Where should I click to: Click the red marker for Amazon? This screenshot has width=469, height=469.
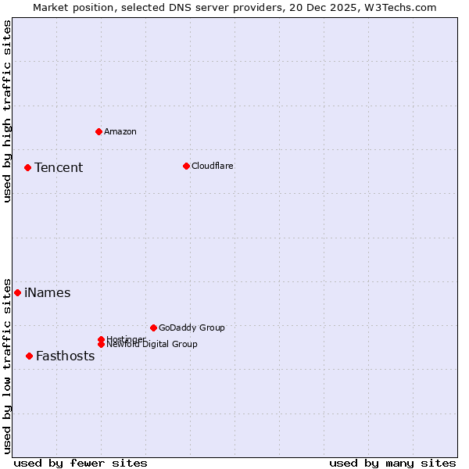(98, 131)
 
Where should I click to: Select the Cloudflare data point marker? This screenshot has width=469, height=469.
(186, 166)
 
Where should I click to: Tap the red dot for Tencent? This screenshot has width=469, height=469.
(27, 167)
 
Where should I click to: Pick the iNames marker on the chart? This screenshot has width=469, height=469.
(17, 292)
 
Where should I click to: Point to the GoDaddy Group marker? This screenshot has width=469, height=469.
(153, 328)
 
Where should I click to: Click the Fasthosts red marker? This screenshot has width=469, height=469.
(29, 356)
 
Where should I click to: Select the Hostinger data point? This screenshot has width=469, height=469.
(101, 339)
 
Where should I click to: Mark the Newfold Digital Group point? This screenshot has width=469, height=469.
(101, 344)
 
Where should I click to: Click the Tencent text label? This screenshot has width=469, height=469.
(59, 167)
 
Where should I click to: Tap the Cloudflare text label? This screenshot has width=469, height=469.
(212, 166)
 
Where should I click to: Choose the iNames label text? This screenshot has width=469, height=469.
(47, 293)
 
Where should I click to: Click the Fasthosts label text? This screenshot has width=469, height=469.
(65, 356)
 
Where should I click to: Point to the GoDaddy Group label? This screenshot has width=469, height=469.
(192, 328)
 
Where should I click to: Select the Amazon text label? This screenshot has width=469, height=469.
(120, 131)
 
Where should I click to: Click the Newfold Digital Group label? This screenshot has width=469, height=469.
(152, 345)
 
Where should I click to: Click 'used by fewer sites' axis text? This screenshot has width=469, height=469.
(81, 463)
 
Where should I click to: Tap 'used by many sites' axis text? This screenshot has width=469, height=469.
(392, 463)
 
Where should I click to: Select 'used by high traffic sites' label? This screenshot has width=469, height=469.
(7, 111)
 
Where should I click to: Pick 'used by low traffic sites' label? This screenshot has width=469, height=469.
(7, 365)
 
